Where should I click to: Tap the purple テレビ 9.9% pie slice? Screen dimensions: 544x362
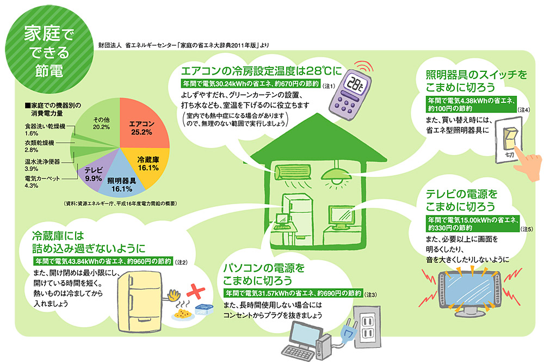94,174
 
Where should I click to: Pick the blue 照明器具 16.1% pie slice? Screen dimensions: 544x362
121,182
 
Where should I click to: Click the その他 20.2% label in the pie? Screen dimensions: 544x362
101,123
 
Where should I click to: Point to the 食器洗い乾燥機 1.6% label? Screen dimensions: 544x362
45,130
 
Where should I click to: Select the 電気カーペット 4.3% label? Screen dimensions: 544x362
42,182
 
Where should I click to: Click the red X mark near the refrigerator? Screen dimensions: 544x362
196,291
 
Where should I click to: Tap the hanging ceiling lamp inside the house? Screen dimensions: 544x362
336,175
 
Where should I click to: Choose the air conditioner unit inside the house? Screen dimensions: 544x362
293,172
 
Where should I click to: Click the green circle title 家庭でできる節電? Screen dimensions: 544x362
50,51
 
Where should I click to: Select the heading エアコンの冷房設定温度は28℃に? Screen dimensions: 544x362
262,71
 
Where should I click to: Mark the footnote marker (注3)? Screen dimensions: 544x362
371,294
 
